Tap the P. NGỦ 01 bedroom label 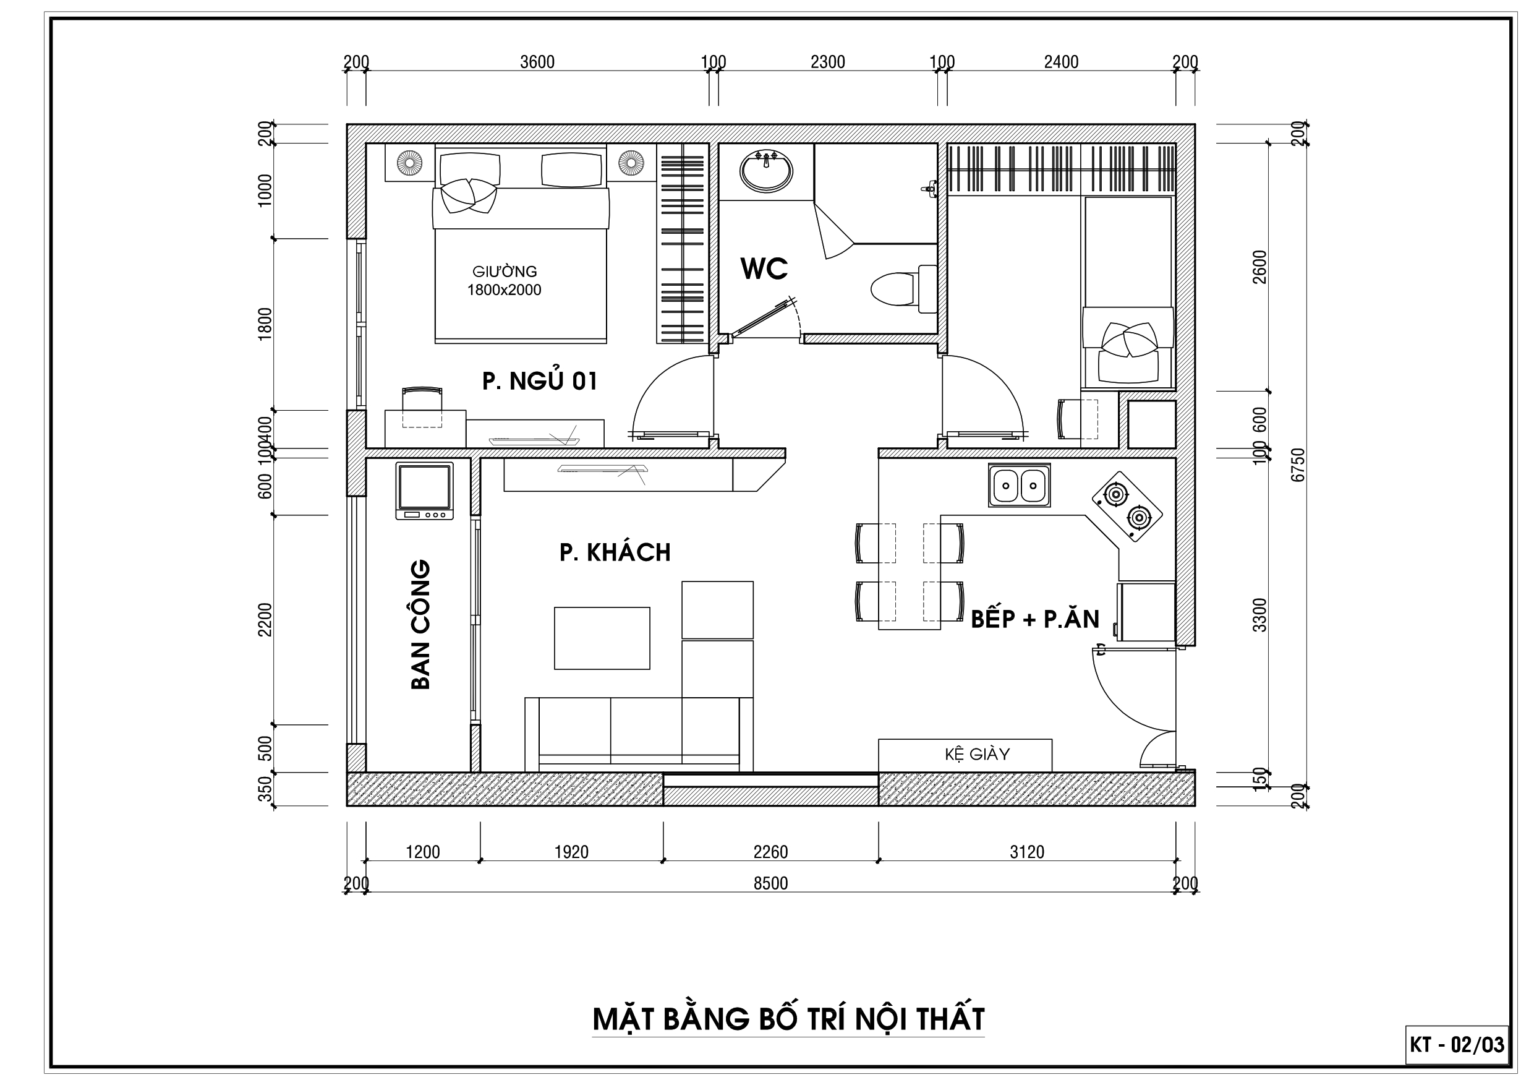pyautogui.click(x=540, y=381)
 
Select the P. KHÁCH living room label pyautogui.click(x=615, y=552)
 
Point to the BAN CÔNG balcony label pyautogui.click(x=420, y=624)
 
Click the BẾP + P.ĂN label pyautogui.click(x=1035, y=619)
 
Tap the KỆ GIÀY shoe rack pyautogui.click(x=965, y=755)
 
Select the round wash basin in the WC pyautogui.click(x=765, y=171)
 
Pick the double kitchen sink pyautogui.click(x=1019, y=486)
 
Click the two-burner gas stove pyautogui.click(x=1127, y=506)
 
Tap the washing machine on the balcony pyautogui.click(x=424, y=491)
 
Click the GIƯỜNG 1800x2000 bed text pyautogui.click(x=505, y=281)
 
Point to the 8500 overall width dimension pyautogui.click(x=770, y=883)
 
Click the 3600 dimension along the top pyautogui.click(x=537, y=62)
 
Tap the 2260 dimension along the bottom pyautogui.click(x=770, y=852)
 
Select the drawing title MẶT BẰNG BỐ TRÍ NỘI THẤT pyautogui.click(x=788, y=1018)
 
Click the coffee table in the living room pyautogui.click(x=602, y=638)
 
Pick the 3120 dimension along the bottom pyautogui.click(x=1027, y=852)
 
